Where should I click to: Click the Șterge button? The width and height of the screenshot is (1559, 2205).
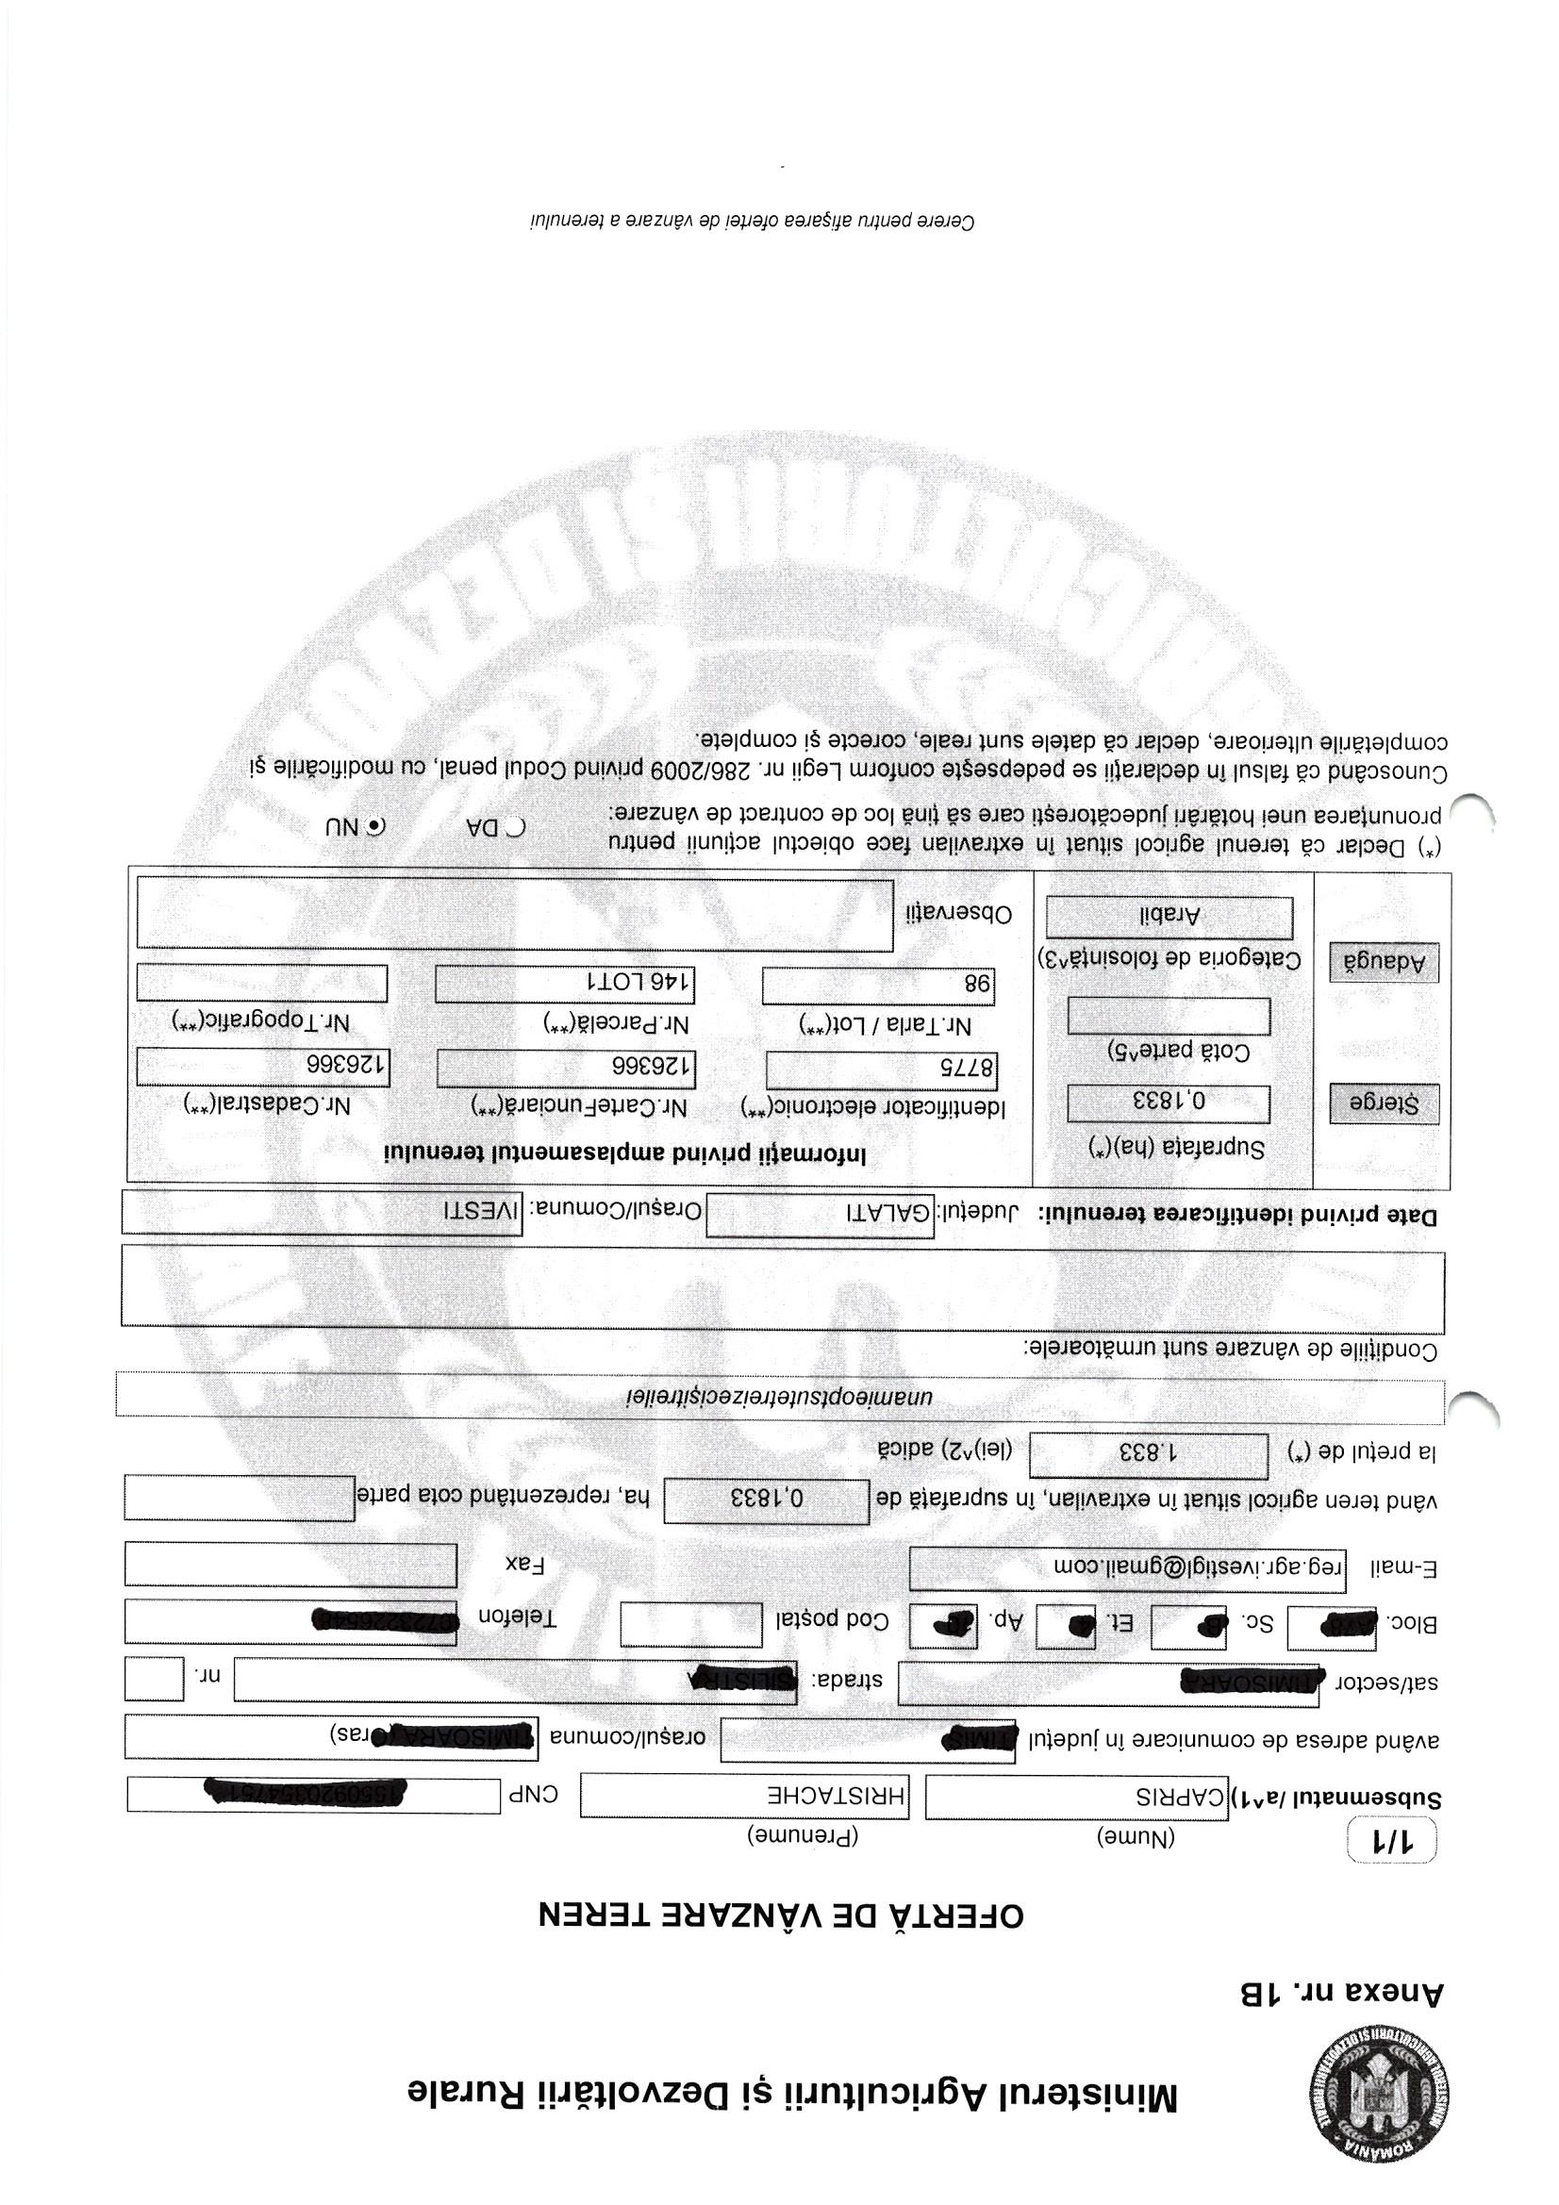[x=1385, y=1103]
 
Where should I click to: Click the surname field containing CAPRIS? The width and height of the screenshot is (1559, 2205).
[x=1076, y=1796]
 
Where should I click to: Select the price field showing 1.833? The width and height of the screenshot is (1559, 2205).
[x=1148, y=1456]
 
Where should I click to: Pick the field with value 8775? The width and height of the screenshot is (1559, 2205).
[x=881, y=1069]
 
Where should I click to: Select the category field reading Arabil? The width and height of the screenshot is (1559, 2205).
[x=1169, y=917]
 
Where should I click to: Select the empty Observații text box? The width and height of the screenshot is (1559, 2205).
[x=515, y=914]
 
